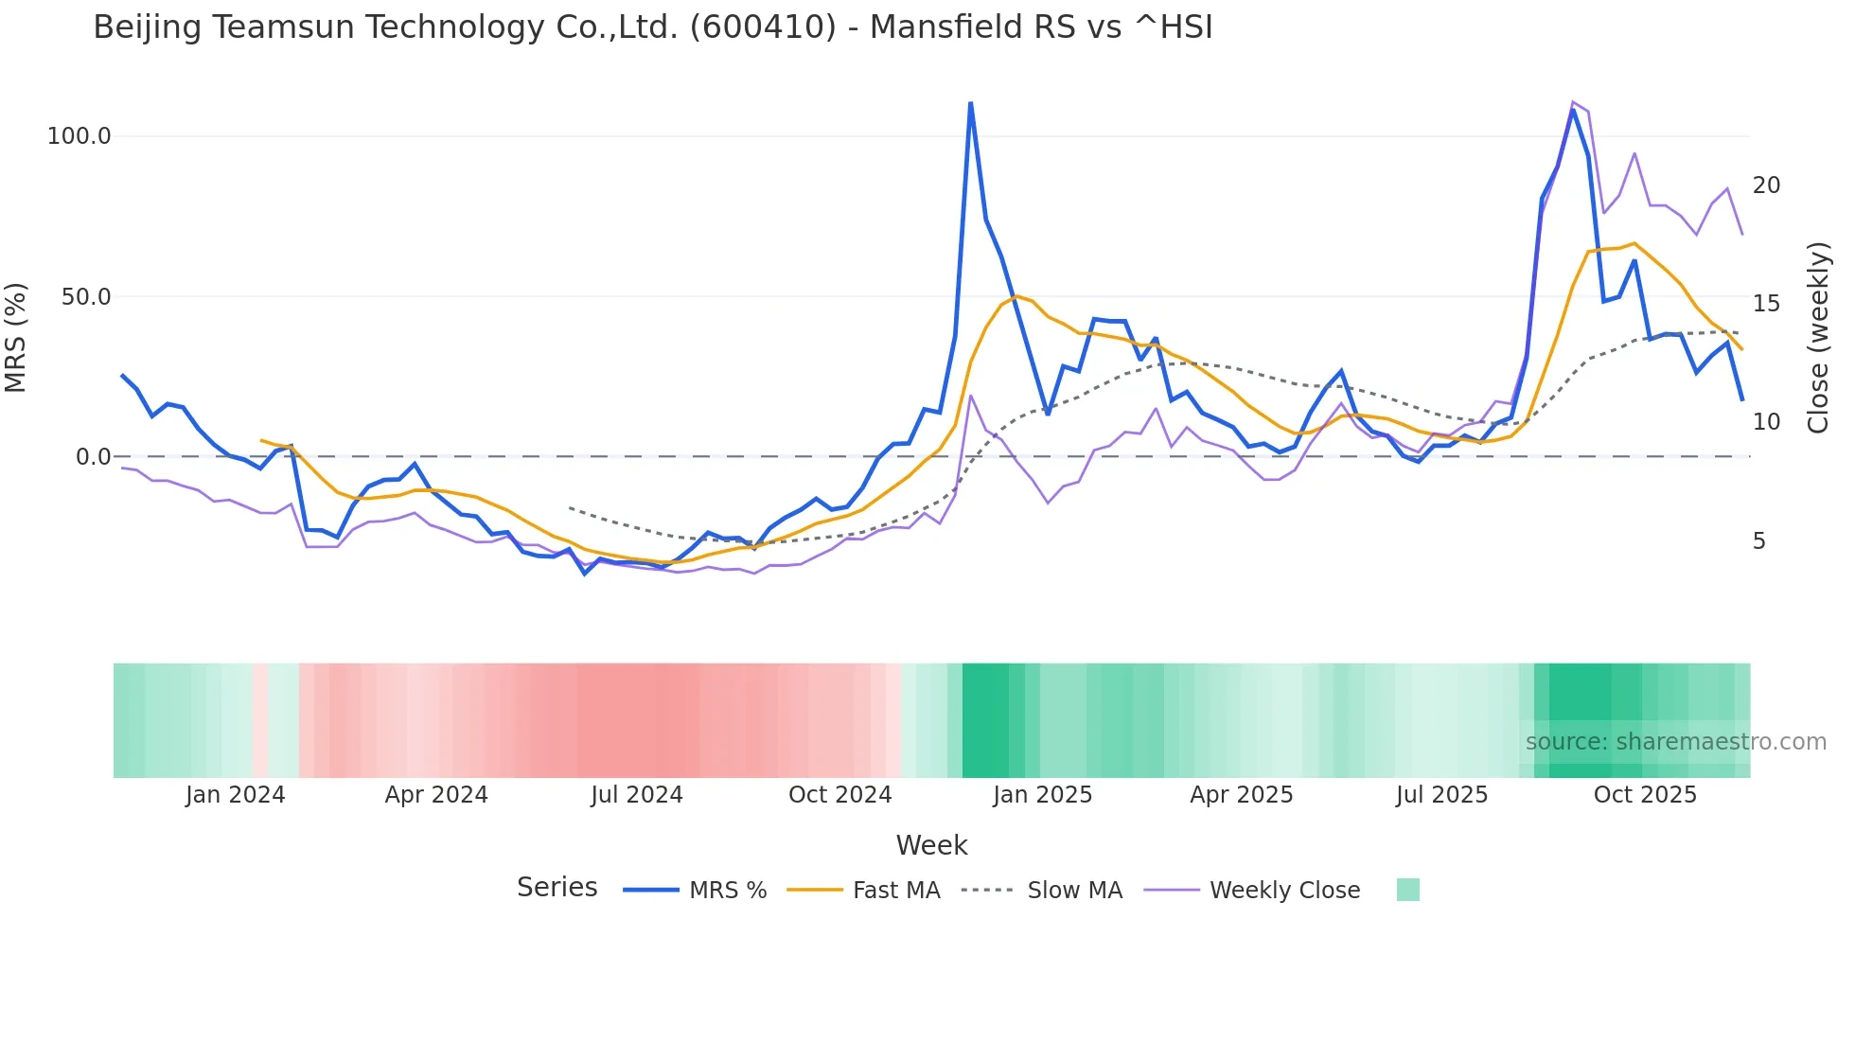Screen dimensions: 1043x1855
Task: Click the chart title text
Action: [x=652, y=27]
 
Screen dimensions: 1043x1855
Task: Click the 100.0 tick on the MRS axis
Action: [x=79, y=136]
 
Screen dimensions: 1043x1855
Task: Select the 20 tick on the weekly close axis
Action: [x=1766, y=186]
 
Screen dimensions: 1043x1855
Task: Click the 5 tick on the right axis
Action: [x=1759, y=541]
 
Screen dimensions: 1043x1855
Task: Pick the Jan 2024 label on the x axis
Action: [x=235, y=795]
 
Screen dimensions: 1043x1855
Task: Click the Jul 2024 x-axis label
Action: [x=637, y=795]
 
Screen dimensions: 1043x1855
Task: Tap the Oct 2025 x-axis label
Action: [x=1645, y=795]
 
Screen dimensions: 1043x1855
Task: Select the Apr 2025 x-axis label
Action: [x=1241, y=795]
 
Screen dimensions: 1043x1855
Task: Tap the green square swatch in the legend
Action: [x=1407, y=890]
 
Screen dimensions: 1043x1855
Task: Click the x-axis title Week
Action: [x=931, y=845]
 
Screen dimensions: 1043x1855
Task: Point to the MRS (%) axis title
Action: [x=16, y=338]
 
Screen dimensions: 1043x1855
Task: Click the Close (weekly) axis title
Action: [x=1818, y=338]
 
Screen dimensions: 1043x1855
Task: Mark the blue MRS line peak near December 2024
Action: [x=970, y=103]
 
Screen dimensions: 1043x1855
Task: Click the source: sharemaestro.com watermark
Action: [x=1675, y=742]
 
